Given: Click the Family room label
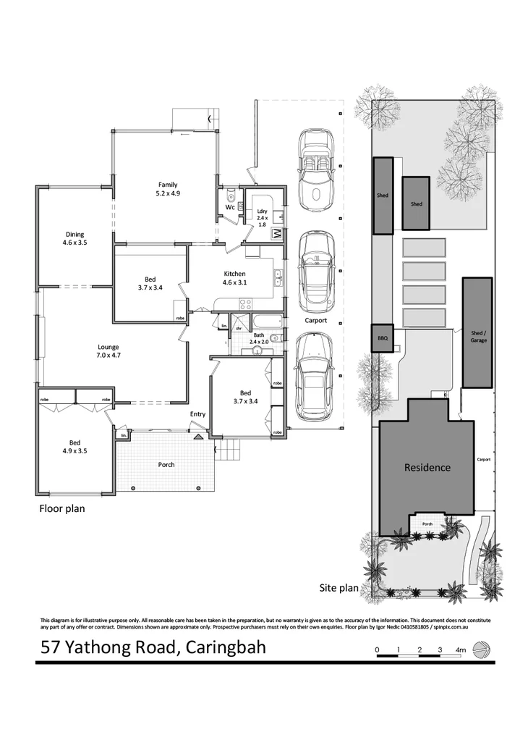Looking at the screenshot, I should click(x=167, y=185).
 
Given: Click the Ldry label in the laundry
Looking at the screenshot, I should click(x=262, y=211).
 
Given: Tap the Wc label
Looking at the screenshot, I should click(x=229, y=206).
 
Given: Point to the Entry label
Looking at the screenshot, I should click(x=197, y=414).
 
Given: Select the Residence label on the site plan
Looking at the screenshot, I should click(x=427, y=468).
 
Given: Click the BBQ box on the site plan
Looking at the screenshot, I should click(x=383, y=338).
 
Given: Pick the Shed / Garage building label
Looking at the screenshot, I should click(x=478, y=335).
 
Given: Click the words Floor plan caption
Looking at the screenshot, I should click(x=61, y=508).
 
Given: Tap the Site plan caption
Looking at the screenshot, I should click(x=339, y=589).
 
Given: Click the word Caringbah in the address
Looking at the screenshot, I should click(x=225, y=647).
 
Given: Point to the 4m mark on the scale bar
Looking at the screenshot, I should click(x=461, y=650).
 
